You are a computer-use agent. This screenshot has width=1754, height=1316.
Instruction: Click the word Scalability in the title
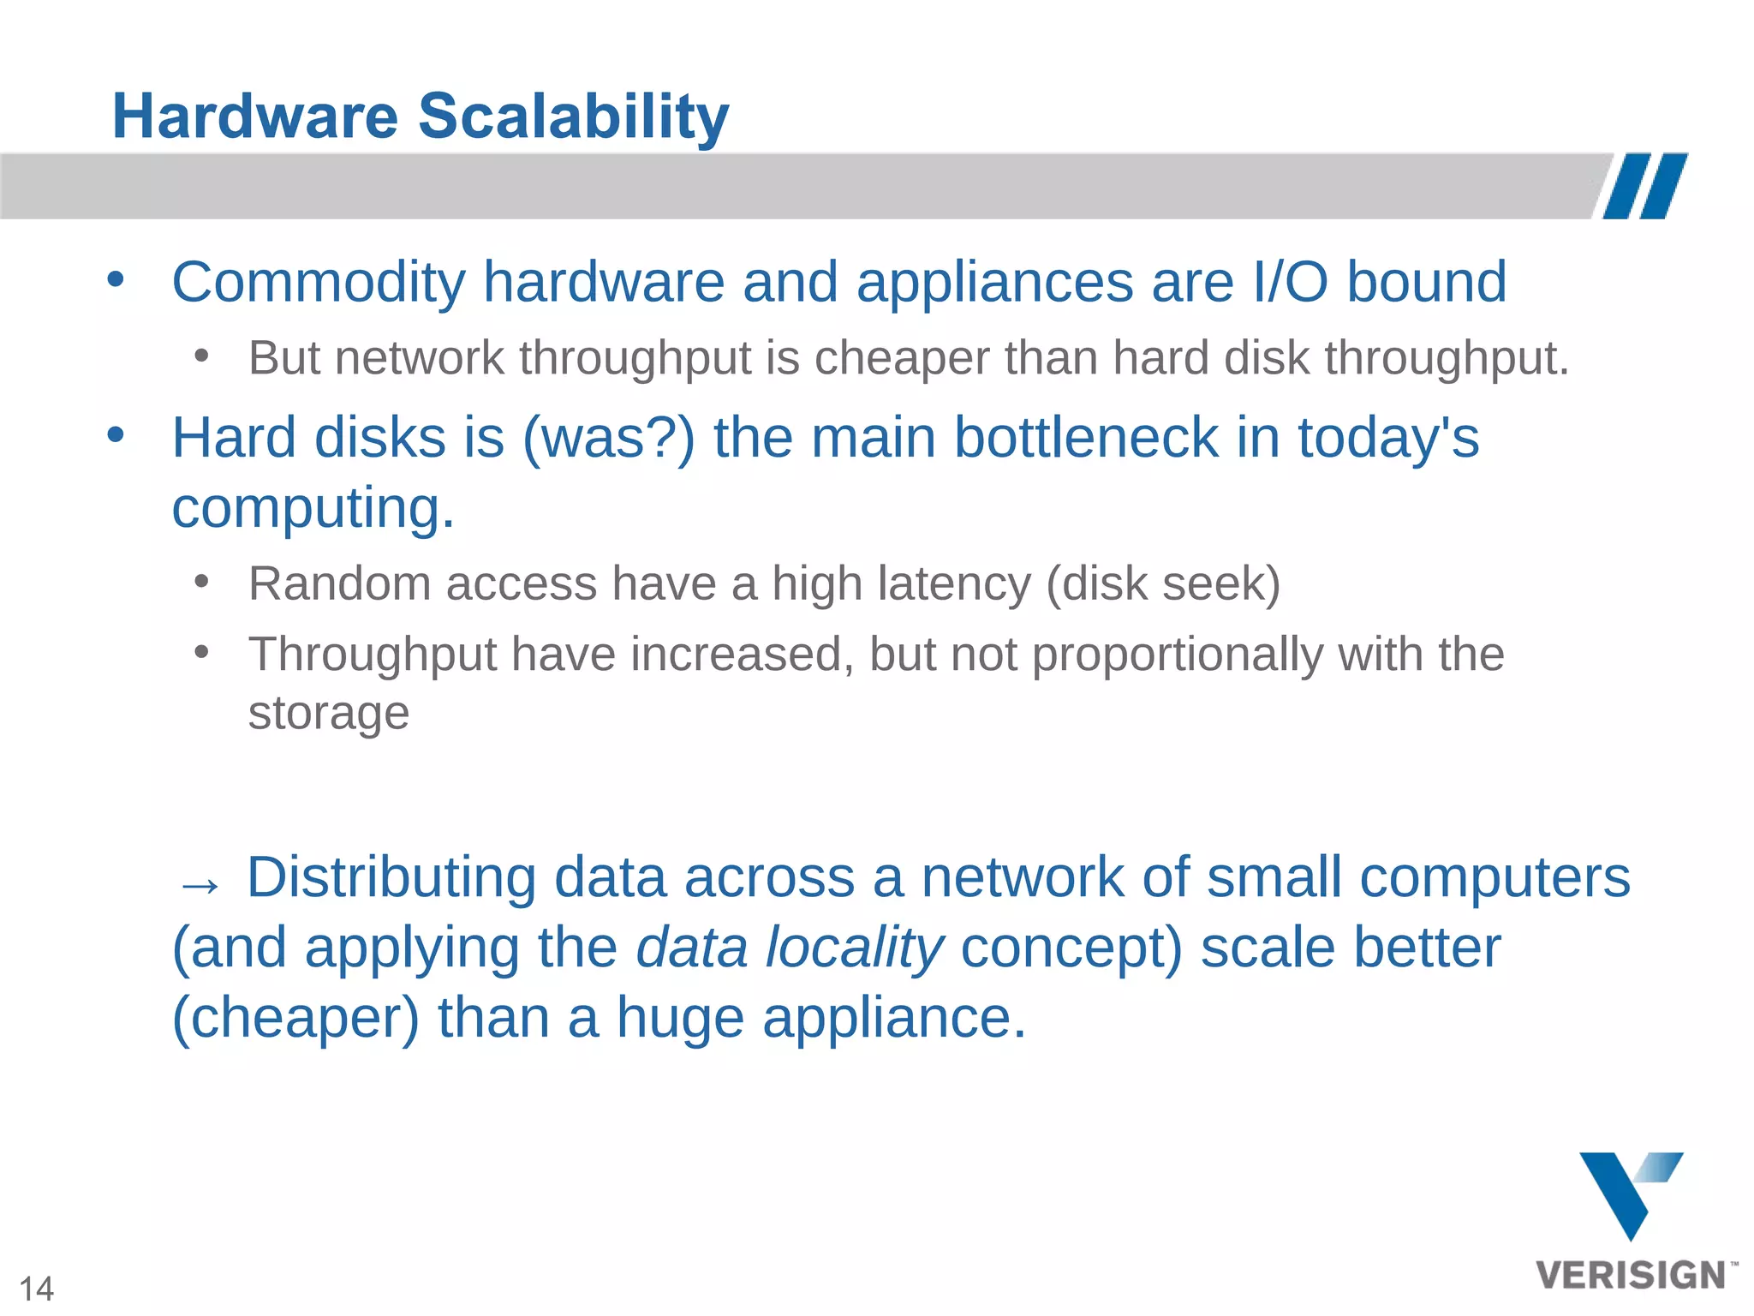coord(573,117)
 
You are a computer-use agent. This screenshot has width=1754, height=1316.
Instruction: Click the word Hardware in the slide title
coord(255,117)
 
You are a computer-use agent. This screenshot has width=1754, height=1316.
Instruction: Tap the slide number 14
coord(36,1289)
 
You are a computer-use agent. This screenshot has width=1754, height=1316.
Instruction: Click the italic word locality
coord(854,948)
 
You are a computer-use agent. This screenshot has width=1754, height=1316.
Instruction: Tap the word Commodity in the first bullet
coord(318,282)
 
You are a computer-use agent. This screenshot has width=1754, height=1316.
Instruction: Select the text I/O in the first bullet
coord(1290,282)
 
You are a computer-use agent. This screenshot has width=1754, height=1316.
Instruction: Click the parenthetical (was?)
coord(608,438)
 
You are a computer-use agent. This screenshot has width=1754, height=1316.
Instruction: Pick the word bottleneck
coord(1085,438)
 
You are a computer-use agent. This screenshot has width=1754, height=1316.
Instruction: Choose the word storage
coord(329,713)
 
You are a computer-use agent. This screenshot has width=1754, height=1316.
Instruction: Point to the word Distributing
coord(391,877)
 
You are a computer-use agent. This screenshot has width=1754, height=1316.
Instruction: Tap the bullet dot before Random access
coord(201,582)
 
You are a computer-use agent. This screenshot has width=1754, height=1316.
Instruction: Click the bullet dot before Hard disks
coord(116,434)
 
